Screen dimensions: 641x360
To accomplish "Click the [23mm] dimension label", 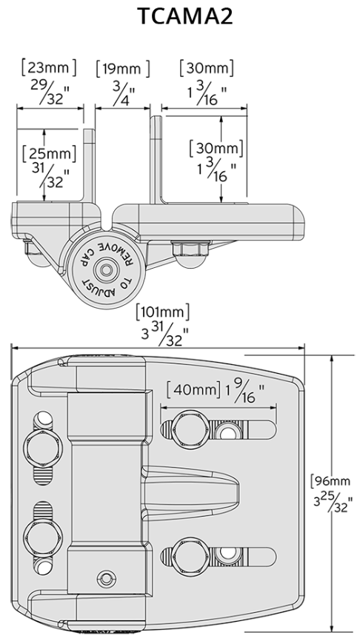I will [49, 69].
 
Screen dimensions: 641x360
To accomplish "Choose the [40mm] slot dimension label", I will [192, 388].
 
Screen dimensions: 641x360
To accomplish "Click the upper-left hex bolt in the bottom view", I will [41, 446].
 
